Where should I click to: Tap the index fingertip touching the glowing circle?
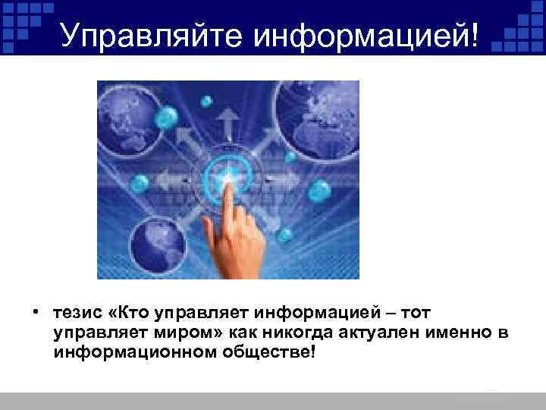[228, 177]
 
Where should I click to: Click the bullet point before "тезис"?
[36, 312]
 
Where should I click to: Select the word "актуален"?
[356, 333]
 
